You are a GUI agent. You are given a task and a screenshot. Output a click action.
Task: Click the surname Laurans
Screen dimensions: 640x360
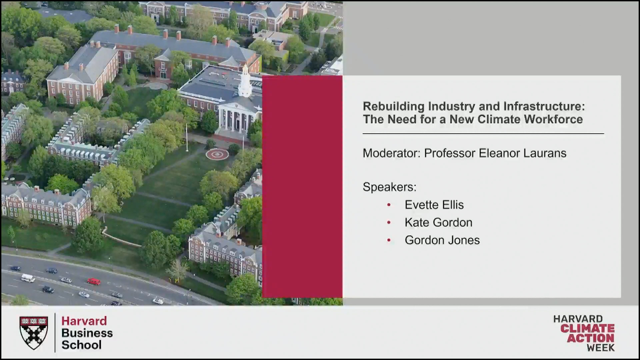[545, 153]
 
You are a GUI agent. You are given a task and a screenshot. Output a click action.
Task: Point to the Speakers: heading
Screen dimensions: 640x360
[389, 187]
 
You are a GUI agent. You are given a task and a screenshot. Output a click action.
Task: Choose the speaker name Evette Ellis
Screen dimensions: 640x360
[434, 205]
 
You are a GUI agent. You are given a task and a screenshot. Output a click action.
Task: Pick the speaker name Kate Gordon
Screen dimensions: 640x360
[438, 222]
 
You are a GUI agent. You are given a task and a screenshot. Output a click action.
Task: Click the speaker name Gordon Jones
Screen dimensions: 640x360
[442, 240]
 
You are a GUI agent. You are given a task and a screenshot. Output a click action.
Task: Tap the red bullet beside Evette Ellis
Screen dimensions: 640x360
[389, 205]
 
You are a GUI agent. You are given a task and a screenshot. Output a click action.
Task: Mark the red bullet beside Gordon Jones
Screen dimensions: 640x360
[389, 240]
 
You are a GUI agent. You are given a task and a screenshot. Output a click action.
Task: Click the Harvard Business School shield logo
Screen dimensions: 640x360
[34, 333]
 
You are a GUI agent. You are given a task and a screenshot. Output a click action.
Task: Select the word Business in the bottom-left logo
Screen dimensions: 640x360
[87, 333]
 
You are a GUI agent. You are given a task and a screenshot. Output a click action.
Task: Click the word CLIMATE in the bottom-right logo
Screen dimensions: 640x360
[587, 328]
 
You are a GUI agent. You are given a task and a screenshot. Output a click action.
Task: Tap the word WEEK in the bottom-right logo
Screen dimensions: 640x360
[601, 348]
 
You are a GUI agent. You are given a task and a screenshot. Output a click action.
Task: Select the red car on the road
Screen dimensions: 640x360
[94, 282]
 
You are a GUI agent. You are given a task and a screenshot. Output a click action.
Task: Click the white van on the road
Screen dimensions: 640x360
[28, 278]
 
